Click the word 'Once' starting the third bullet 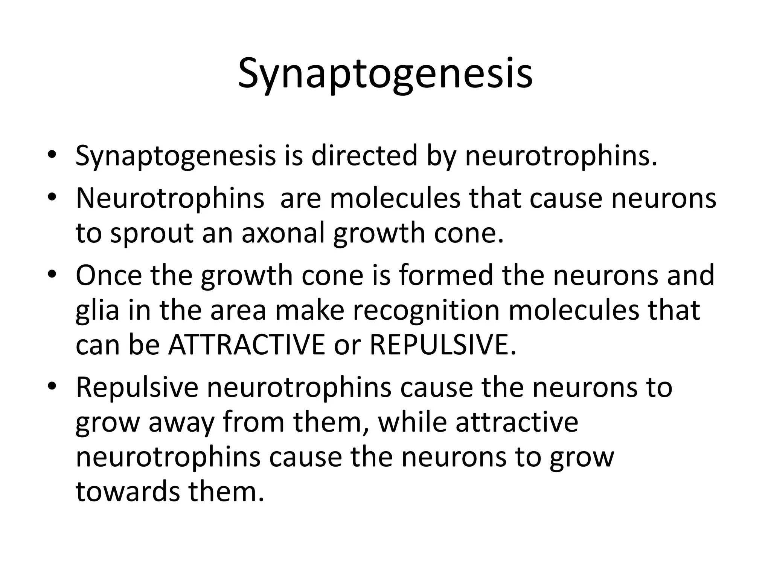(109, 275)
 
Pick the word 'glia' (98, 310)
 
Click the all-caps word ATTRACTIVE (247, 345)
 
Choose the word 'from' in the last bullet (254, 422)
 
